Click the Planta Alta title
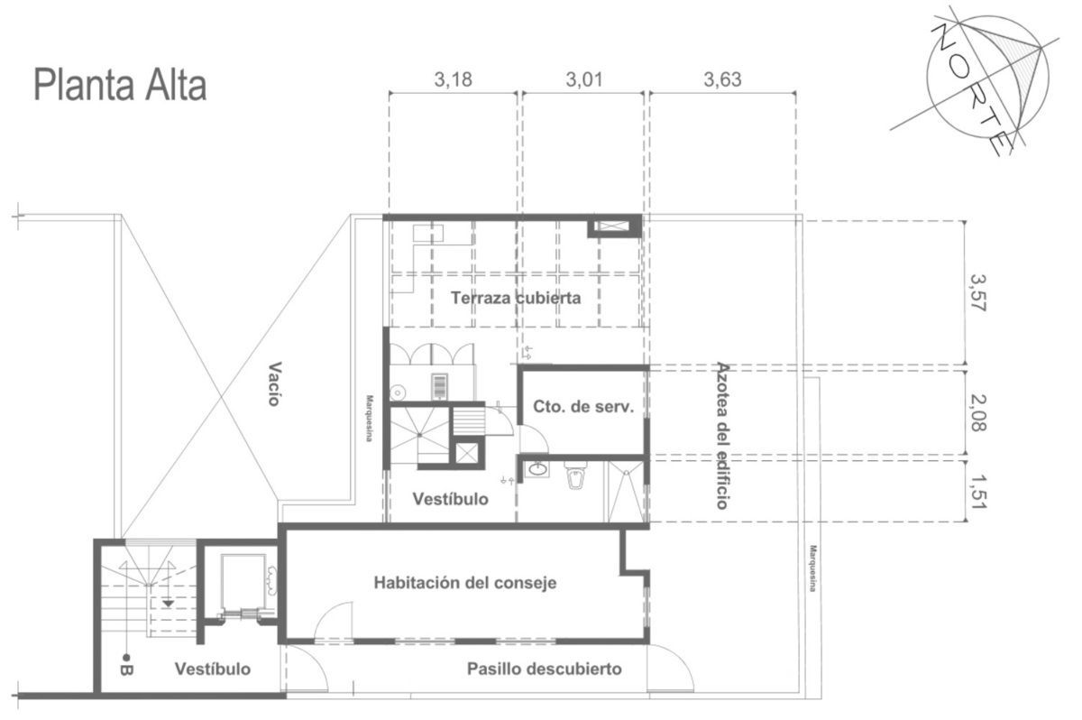coord(120,86)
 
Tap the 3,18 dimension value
coord(453,79)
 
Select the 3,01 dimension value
coord(584,79)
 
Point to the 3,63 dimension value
coord(722,79)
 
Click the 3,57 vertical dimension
coord(978,293)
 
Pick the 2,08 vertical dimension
coord(978,413)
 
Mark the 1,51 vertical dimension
coord(978,492)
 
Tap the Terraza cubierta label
coord(516,298)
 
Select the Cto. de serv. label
coord(583,407)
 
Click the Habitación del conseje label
coord(464,583)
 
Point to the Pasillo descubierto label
coord(544,669)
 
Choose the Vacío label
coord(274,383)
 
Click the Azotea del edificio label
coord(722,436)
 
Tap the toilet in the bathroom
coord(576,475)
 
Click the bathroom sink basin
coord(537,469)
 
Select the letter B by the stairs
coord(126,670)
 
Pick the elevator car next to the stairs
coord(243,583)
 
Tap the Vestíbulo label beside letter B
coord(213,669)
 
